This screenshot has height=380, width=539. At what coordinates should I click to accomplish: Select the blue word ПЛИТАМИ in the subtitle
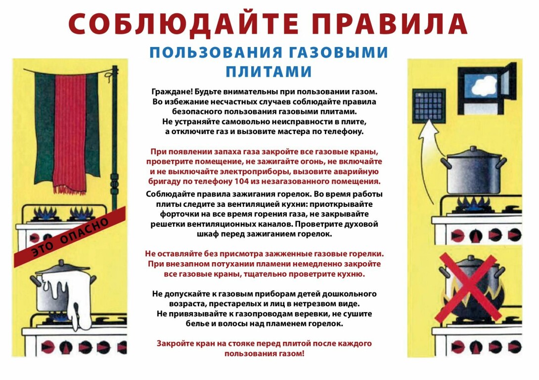(x=269, y=72)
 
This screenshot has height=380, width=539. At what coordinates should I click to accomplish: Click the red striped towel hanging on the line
(x=70, y=133)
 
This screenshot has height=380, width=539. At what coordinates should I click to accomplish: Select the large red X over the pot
(x=469, y=286)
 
